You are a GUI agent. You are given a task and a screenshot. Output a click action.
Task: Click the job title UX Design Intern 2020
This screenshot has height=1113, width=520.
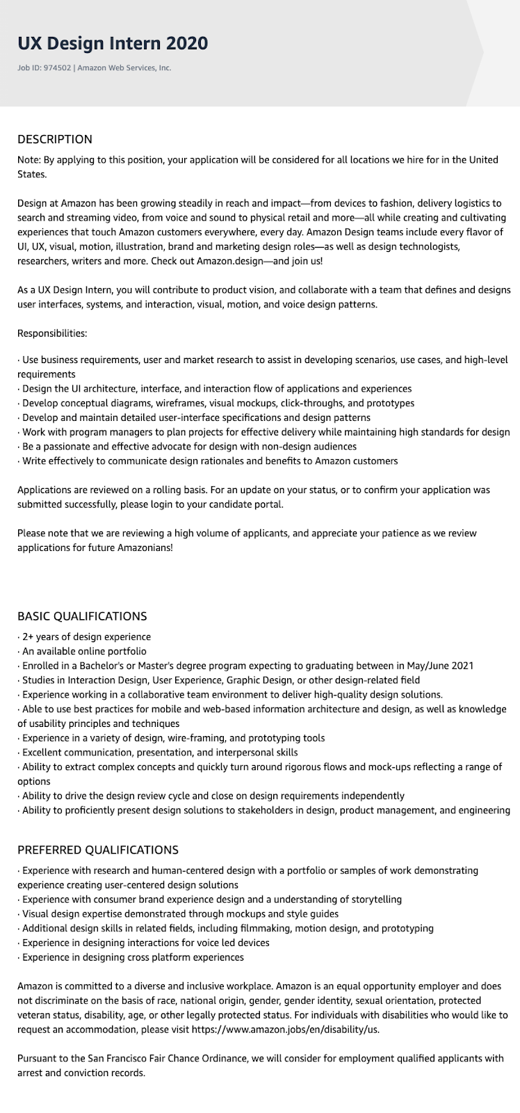pos(113,43)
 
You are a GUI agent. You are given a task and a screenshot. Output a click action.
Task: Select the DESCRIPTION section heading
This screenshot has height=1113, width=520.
pos(55,139)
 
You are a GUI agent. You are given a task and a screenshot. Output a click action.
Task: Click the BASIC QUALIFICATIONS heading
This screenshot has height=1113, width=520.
pos(82,616)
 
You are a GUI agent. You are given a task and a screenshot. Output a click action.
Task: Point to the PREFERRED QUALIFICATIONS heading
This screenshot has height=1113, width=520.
pos(98,850)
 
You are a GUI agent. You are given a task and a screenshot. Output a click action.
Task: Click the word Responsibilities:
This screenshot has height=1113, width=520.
pos(52,333)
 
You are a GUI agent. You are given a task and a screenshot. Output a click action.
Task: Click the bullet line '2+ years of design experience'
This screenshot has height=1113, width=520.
pos(86,636)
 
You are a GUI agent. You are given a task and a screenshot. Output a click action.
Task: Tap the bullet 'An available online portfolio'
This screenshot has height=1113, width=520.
pos(84,651)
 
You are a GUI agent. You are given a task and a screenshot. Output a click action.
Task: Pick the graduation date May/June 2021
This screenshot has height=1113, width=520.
pos(435,666)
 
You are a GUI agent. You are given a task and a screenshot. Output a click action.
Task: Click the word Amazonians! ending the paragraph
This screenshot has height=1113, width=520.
pos(147,547)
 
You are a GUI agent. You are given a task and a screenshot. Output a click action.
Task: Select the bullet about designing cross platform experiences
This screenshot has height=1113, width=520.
pos(133,957)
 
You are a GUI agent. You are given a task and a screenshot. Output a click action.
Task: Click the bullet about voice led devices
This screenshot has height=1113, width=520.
pos(145,943)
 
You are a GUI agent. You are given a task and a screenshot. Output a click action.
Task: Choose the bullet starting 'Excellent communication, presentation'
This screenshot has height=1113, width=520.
pos(160,752)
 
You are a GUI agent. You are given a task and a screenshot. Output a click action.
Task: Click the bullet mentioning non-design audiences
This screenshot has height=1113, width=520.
pos(189,447)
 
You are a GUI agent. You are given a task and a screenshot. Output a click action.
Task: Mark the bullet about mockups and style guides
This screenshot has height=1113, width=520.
pos(180,913)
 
